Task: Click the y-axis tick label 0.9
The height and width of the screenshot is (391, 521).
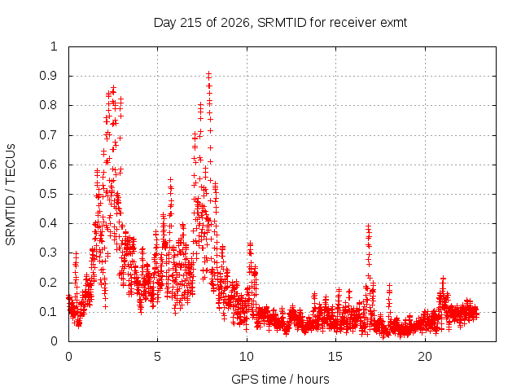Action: pos(48,76)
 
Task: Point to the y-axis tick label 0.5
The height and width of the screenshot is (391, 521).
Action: pos(48,194)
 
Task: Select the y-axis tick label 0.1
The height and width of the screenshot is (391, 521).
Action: pos(48,312)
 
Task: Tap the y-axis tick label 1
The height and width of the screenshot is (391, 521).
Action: pos(54,46)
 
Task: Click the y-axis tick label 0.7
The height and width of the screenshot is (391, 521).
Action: pos(48,135)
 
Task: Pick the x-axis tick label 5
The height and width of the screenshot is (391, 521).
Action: pos(157,357)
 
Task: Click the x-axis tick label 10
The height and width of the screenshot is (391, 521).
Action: pos(247,357)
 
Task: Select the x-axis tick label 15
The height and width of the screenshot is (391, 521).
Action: pos(335,357)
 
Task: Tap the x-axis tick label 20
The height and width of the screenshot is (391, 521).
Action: pos(425,357)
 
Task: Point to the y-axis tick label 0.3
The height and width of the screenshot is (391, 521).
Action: pos(48,253)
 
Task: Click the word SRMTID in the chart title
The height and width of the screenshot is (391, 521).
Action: pos(282,23)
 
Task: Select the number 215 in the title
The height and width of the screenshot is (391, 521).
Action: pos(190,23)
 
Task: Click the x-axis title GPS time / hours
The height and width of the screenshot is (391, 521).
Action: pos(280,379)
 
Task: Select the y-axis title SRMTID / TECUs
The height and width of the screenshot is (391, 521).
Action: pos(11,195)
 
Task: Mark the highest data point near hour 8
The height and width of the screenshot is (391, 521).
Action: pos(208,73)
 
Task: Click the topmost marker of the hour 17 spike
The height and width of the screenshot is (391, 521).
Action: pos(368,226)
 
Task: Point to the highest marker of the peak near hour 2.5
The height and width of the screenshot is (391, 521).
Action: pos(114,88)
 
